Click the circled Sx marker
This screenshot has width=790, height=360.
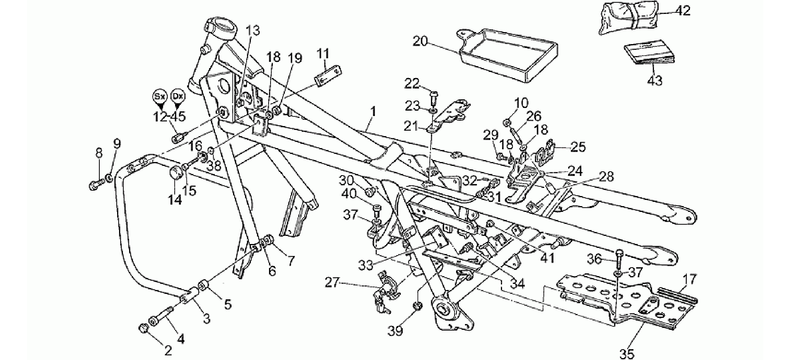point(158,97)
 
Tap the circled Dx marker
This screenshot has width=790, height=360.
point(178,97)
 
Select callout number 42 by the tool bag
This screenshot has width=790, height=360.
point(683,10)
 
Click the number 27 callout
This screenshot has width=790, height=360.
point(331,283)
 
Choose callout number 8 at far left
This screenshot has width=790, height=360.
point(99,153)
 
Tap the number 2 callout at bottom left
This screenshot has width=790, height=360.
point(168,351)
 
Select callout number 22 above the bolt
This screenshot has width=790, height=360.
point(412,83)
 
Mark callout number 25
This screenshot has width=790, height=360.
point(578,147)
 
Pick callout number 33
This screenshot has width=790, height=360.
point(366,266)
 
